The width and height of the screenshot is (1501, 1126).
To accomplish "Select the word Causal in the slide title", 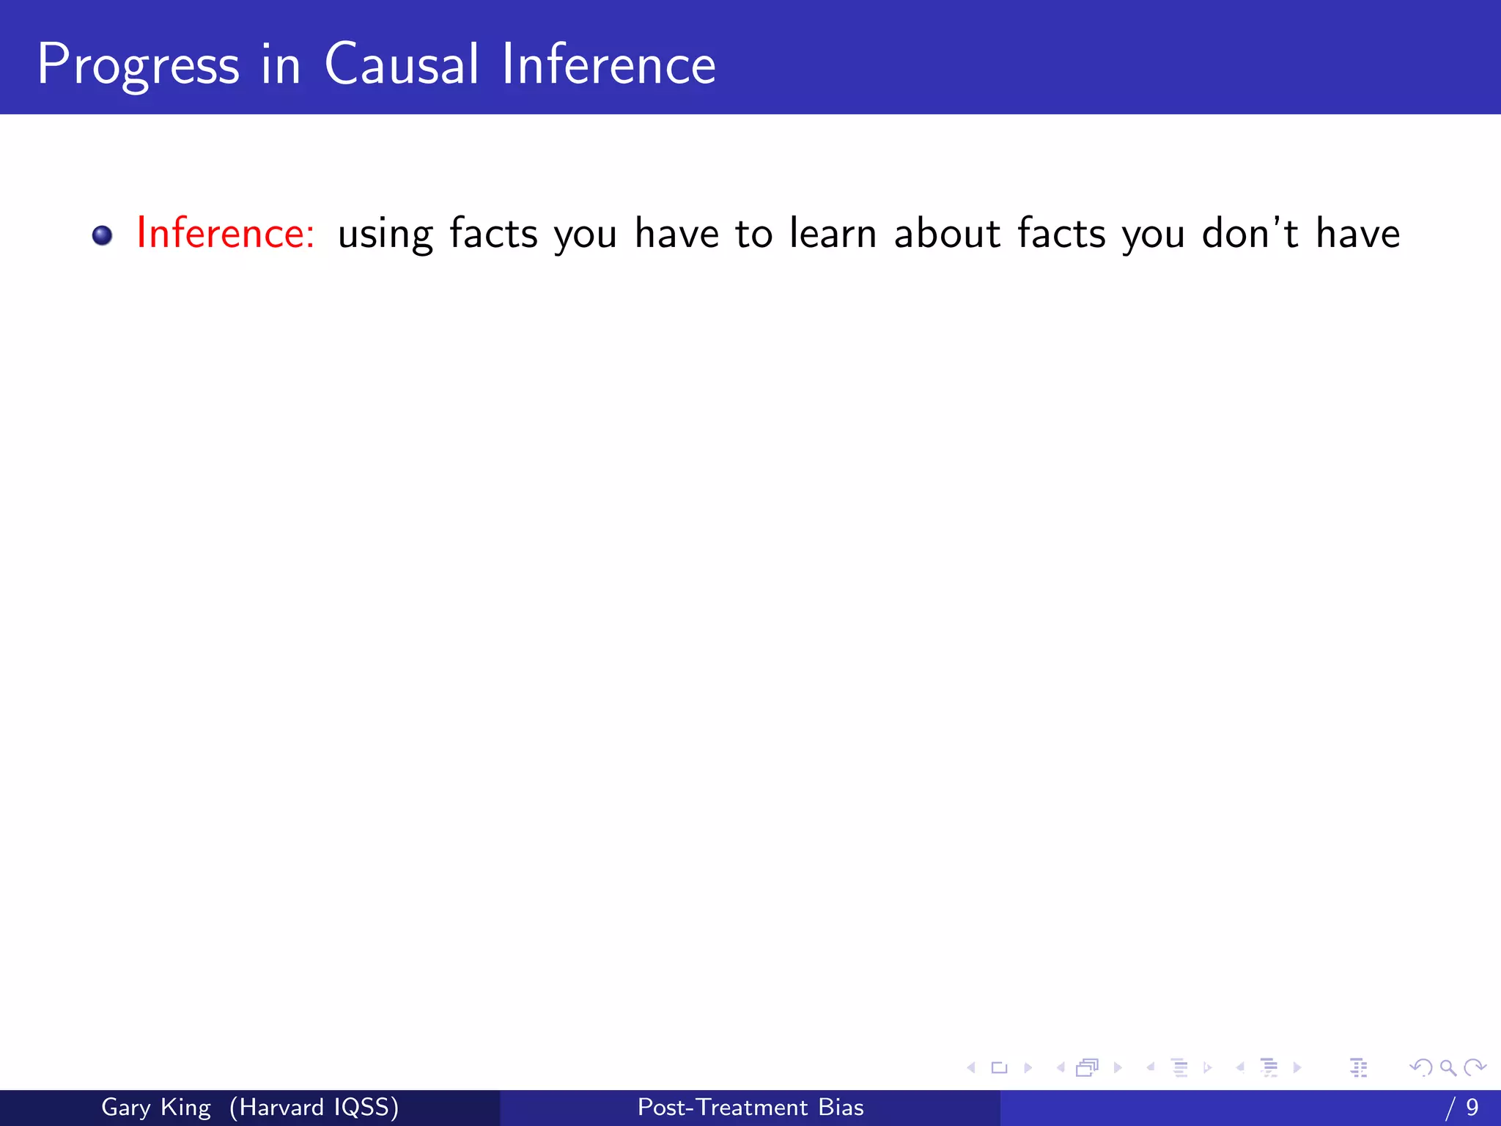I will pos(401,64).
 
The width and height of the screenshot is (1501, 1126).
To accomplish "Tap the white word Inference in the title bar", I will pos(608,64).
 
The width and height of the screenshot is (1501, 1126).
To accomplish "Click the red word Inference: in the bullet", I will pos(226,233).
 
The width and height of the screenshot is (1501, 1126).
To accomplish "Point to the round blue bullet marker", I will pos(103,235).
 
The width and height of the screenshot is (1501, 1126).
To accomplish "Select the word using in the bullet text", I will pos(386,235).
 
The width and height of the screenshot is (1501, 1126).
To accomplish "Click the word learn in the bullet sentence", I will pos(833,233).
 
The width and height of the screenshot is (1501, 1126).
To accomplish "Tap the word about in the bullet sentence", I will pos(947,233).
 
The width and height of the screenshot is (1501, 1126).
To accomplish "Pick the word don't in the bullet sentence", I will pos(1250,233).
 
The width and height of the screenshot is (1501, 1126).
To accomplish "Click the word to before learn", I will pos(753,234).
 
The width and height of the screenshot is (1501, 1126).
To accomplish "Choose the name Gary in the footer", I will pos(125,1108).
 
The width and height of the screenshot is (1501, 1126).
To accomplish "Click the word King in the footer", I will pos(185,1108).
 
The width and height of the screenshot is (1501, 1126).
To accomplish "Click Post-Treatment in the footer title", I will pos(723,1107).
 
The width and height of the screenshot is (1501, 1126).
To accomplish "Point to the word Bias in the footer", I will pos(841,1107).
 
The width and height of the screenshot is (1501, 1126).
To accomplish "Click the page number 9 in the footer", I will pos(1472,1107).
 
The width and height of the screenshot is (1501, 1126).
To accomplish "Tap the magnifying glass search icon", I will pos(1447,1067).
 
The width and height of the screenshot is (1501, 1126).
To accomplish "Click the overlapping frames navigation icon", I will pos(1087,1067).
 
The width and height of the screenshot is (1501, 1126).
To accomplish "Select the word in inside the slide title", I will pos(281,64).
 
